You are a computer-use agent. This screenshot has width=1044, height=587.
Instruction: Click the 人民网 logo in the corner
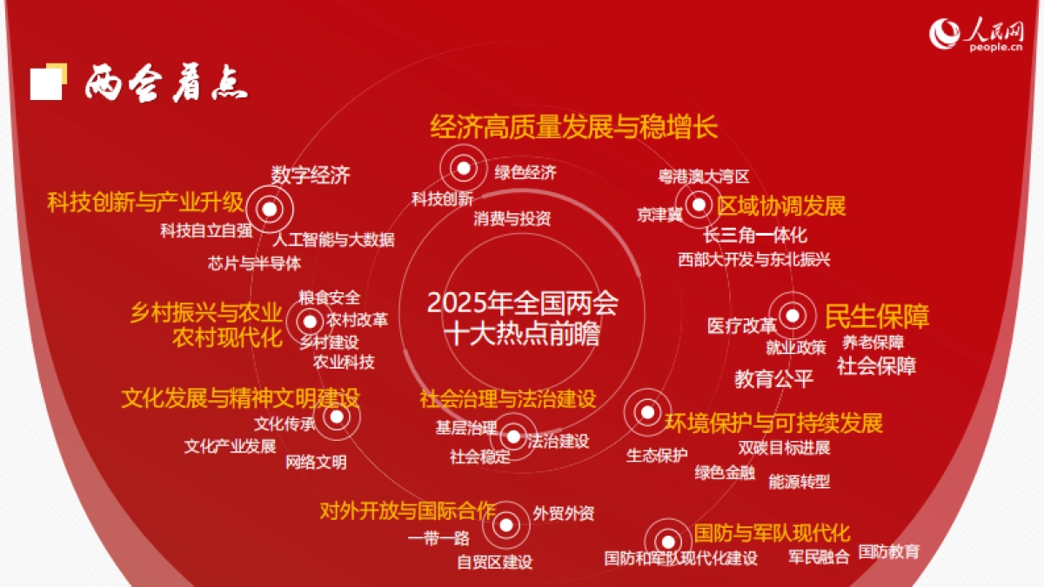(x=977, y=36)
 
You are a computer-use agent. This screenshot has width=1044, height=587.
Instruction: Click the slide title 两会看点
(x=166, y=83)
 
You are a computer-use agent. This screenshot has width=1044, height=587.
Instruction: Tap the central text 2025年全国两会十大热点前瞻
(x=522, y=318)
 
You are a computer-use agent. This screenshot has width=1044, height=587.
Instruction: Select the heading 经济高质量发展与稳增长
(x=574, y=127)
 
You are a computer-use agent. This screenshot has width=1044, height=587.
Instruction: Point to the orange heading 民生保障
(x=877, y=316)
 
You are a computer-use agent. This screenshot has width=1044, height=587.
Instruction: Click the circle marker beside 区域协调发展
(x=699, y=206)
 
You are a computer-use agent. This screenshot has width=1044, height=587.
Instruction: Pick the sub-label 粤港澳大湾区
(x=704, y=177)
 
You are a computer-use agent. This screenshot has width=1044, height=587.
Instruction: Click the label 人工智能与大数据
(x=334, y=239)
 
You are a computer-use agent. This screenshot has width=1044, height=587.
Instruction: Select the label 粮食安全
(x=329, y=297)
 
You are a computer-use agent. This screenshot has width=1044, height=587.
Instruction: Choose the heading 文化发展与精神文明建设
(x=240, y=398)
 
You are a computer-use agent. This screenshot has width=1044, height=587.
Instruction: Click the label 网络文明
(x=316, y=462)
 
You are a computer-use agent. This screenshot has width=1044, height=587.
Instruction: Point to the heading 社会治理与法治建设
(x=508, y=399)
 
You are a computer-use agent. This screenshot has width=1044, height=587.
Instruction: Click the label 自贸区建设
(x=495, y=562)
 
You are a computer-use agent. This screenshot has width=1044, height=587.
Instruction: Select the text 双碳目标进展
(x=785, y=448)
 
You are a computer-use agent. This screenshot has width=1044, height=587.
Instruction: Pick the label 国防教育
(x=888, y=551)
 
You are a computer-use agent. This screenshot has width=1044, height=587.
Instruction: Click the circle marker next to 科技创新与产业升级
(x=270, y=209)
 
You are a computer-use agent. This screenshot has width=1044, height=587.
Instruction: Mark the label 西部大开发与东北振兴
(x=754, y=259)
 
